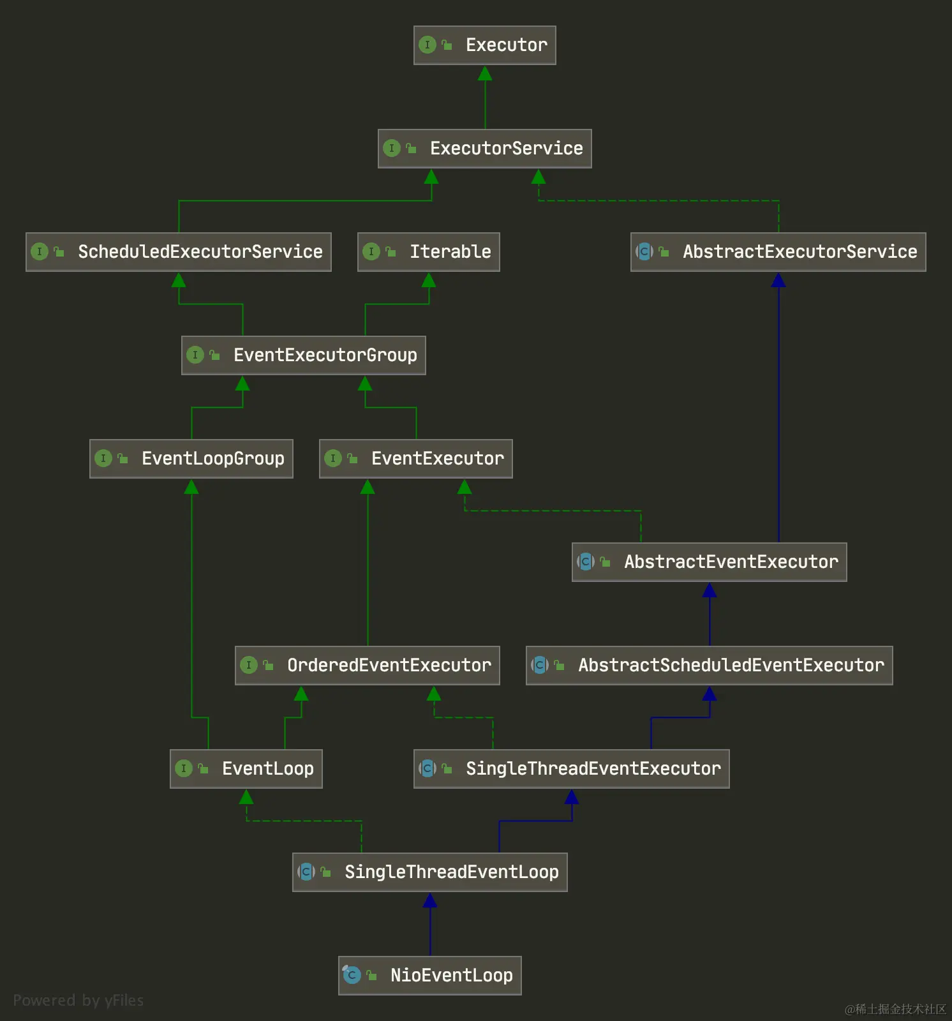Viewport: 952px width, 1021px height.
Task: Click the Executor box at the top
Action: pyautogui.click(x=485, y=45)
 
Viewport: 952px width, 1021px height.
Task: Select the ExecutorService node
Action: pyautogui.click(x=485, y=149)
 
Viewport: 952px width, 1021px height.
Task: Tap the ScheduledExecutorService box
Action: pyautogui.click(x=179, y=252)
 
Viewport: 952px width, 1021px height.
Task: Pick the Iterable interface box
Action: pyautogui.click(x=429, y=252)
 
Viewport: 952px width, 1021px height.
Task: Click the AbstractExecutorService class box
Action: pyautogui.click(x=778, y=252)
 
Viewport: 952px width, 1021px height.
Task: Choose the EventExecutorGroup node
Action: pyautogui.click(x=304, y=355)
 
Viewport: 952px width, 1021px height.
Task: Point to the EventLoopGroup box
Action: pyautogui.click(x=191, y=459)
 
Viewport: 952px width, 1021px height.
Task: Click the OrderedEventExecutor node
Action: pyautogui.click(x=368, y=666)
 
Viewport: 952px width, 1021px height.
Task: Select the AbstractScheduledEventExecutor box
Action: pyautogui.click(x=710, y=666)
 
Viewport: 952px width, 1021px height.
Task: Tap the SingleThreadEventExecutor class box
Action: pyautogui.click(x=572, y=769)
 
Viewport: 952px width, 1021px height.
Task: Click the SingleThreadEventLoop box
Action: pyautogui.click(x=430, y=872)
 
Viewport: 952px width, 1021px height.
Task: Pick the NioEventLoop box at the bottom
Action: pyautogui.click(x=430, y=976)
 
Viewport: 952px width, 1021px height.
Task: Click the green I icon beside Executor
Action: pyautogui.click(x=428, y=45)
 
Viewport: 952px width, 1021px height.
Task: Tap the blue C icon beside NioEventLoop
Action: pyautogui.click(x=352, y=975)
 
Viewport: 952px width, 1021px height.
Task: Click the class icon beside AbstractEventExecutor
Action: pyautogui.click(x=586, y=562)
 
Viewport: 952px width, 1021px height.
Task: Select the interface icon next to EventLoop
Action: pyautogui.click(x=184, y=768)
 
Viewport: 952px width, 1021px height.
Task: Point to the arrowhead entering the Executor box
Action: pyautogui.click(x=485, y=73)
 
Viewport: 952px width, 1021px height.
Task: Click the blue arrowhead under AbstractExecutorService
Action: pyautogui.click(x=778, y=280)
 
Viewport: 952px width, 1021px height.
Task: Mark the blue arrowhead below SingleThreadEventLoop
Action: pyautogui.click(x=430, y=900)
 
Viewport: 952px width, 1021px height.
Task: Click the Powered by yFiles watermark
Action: pyautogui.click(x=78, y=1000)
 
